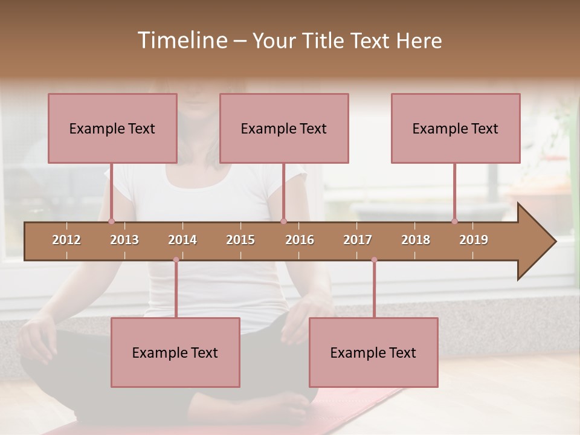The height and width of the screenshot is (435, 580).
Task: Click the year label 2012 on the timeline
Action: point(66,240)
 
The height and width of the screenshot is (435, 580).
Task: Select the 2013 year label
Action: point(124,240)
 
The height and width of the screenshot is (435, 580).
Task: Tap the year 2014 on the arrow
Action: point(182,240)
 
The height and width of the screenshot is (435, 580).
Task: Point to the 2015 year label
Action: point(240,240)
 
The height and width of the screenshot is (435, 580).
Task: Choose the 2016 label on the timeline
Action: point(300,240)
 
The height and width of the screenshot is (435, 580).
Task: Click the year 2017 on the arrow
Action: point(358,240)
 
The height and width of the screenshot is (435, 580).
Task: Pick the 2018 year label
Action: point(416,240)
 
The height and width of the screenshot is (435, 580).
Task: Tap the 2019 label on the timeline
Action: point(474,240)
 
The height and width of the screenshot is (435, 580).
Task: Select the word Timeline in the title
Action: point(181,40)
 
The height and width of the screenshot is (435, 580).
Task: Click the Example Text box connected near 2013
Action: point(112,129)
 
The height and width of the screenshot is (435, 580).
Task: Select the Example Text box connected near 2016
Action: point(284,129)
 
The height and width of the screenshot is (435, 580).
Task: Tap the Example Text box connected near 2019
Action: point(456,129)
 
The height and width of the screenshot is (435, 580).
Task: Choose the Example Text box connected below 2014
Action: point(175,353)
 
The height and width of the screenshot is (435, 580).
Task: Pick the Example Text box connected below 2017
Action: point(373,353)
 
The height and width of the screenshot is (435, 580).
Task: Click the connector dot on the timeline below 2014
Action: point(176,260)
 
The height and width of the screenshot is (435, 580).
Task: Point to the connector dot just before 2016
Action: point(284,221)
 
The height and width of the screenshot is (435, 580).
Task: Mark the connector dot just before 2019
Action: point(455,221)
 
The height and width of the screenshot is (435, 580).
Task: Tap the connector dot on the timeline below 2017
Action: point(374,260)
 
